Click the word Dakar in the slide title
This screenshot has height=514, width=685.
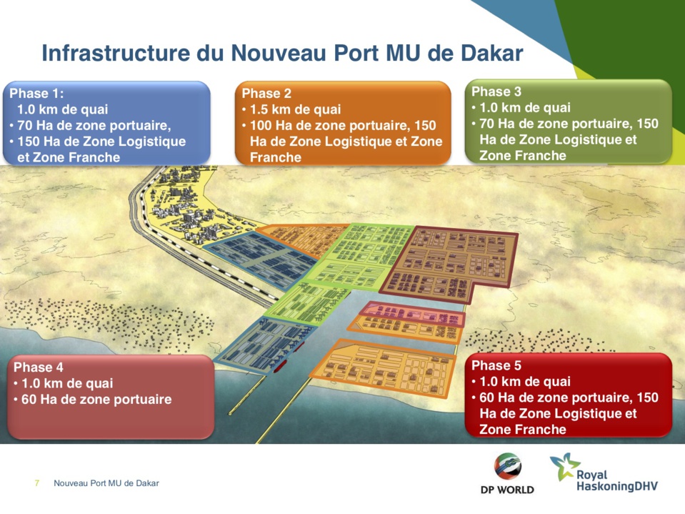487,54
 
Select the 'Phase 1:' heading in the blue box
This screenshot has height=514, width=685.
37,94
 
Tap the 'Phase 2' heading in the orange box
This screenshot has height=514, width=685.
266,94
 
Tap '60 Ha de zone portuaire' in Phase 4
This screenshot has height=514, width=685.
96,399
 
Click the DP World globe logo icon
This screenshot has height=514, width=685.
507,468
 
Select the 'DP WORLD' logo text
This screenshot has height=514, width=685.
507,490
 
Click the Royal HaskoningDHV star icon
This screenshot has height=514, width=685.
564,465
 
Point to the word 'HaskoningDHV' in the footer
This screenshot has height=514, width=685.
616,487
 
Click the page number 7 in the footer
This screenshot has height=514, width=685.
37,484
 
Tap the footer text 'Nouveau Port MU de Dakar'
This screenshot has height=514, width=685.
106,484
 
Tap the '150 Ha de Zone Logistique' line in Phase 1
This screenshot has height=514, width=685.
101,142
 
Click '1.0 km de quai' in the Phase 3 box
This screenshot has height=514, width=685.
525,108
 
